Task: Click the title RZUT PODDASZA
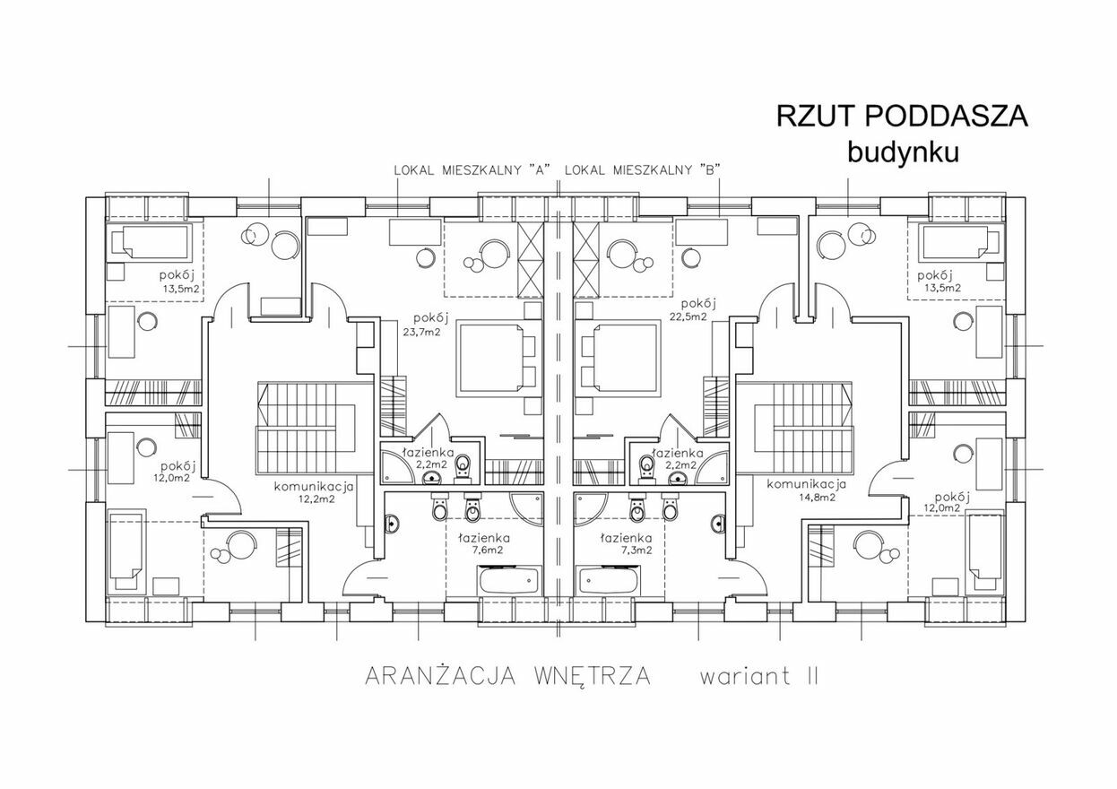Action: coord(902,117)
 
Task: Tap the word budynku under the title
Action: coord(904,152)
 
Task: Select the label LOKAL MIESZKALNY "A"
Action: coord(472,170)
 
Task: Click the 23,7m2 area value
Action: coord(421,332)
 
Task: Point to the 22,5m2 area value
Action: coord(688,317)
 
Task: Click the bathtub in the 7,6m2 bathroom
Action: coord(509,580)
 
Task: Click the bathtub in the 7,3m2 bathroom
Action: coord(606,580)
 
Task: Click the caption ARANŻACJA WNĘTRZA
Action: coord(508,676)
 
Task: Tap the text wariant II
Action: coord(759,677)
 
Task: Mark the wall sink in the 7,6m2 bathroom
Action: coord(392,524)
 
